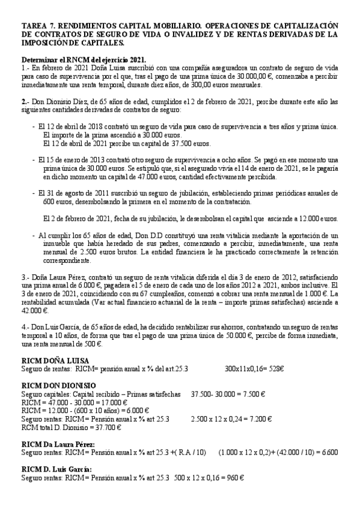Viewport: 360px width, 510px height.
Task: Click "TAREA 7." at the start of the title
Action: (x=37, y=25)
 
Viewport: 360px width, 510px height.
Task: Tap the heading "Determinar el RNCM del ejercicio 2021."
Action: (x=84, y=61)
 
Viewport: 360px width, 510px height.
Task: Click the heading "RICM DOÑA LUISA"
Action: (x=55, y=360)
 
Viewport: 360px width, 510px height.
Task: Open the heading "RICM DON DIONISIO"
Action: (x=58, y=386)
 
